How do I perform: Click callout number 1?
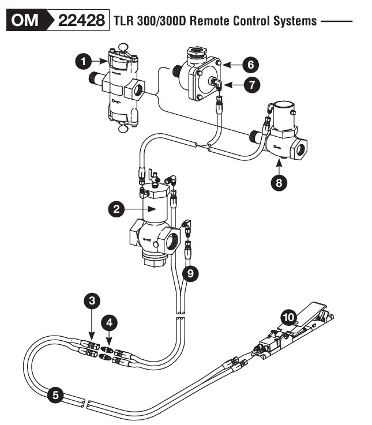(84, 62)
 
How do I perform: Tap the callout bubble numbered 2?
(117, 209)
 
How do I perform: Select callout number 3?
(92, 300)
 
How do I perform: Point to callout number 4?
(109, 322)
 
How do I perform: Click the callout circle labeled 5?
(55, 396)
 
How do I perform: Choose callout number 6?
(250, 65)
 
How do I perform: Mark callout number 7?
(252, 85)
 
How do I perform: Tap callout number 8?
(279, 183)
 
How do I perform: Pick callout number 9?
(190, 274)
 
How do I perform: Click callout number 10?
(289, 317)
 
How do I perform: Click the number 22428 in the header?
(81, 20)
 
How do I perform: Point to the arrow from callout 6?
(231, 65)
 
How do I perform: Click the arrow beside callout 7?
(233, 85)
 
